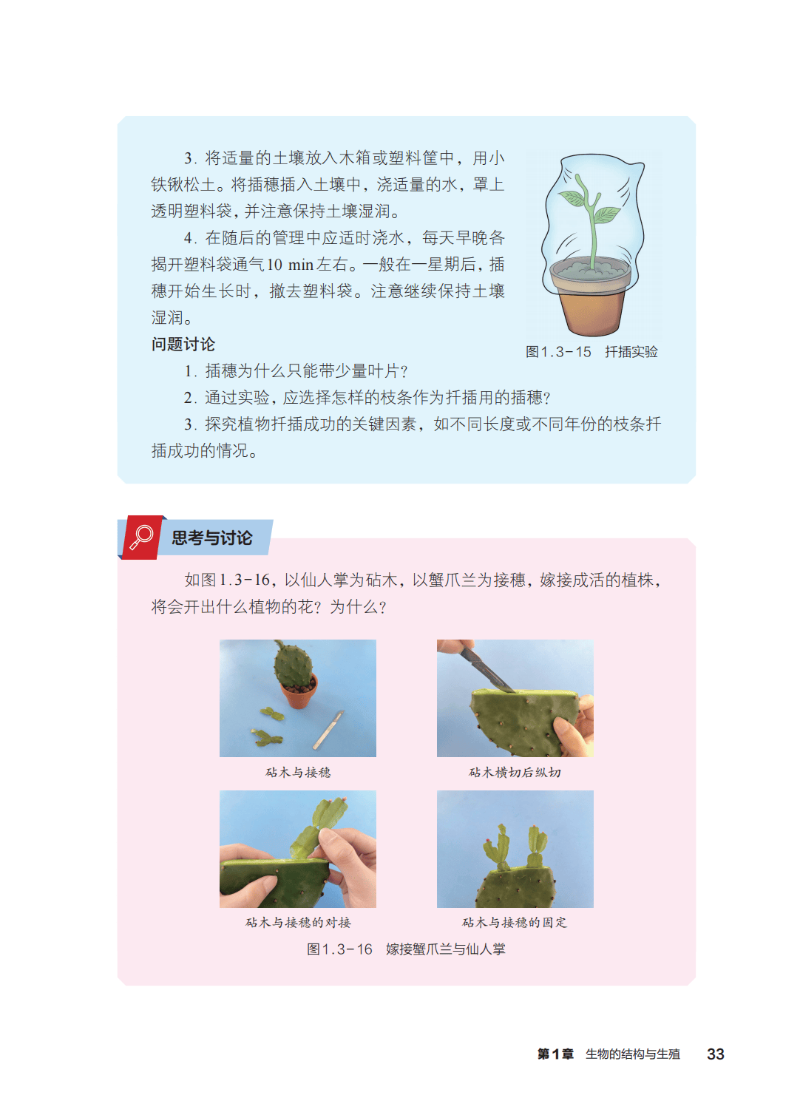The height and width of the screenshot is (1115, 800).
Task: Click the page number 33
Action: click(716, 1054)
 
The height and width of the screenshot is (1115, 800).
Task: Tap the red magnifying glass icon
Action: click(141, 538)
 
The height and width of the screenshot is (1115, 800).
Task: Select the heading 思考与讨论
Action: click(211, 538)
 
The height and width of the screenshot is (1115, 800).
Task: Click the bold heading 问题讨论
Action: click(183, 344)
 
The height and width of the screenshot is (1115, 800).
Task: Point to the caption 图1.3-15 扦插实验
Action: click(591, 352)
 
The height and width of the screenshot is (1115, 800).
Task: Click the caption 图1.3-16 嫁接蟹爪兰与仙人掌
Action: click(406, 949)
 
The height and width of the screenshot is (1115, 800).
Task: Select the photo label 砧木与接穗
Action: click(298, 772)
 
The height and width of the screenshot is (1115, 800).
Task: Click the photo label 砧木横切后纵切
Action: click(515, 772)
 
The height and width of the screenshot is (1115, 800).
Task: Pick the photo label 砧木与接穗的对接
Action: click(298, 922)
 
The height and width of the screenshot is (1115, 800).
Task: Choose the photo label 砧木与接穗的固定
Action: click(515, 922)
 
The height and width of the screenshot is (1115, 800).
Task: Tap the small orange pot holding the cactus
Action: click(299, 691)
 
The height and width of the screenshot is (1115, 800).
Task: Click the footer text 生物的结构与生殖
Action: click(632, 1054)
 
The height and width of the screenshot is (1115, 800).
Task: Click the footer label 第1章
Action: click(555, 1054)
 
